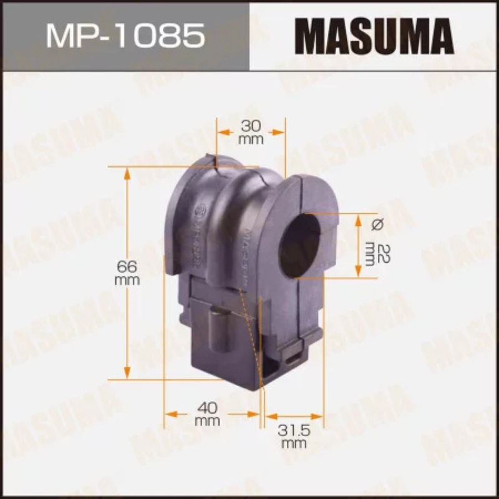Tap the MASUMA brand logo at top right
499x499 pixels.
pyautogui.click(x=375, y=35)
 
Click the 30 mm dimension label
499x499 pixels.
pyautogui.click(x=251, y=135)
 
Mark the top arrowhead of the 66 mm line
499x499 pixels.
pyautogui.click(x=127, y=172)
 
